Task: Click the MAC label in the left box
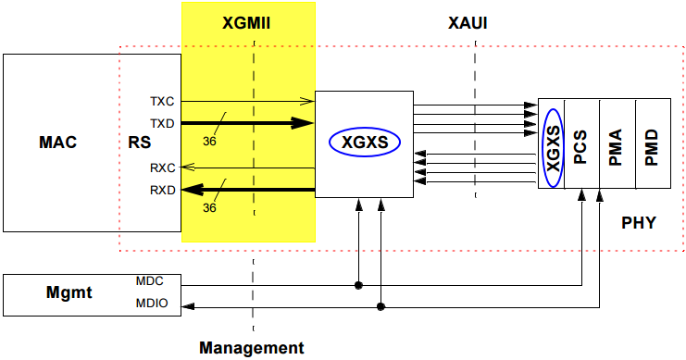click(x=57, y=143)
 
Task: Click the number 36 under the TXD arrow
click(x=209, y=141)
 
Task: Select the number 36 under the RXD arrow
click(x=209, y=208)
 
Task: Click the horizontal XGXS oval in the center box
click(x=365, y=143)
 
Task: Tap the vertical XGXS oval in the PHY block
click(x=553, y=143)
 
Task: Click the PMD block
click(x=651, y=143)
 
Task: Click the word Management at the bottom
click(x=251, y=348)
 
